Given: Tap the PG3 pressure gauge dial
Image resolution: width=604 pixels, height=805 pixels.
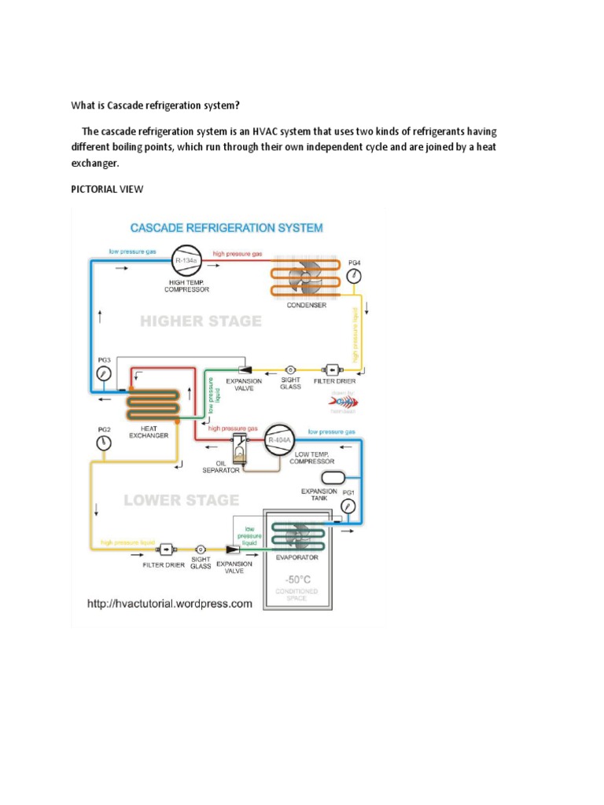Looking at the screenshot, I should pyautogui.click(x=103, y=374).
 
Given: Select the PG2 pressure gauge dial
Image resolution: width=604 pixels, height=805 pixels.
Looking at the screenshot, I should pyautogui.click(x=103, y=443).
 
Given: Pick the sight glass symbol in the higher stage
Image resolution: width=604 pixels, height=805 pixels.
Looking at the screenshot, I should pyautogui.click(x=289, y=368).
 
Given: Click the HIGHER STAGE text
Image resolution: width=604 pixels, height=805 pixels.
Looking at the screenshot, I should pyautogui.click(x=201, y=322).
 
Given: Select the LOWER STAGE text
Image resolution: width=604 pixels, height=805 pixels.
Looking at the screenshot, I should pyautogui.click(x=182, y=500).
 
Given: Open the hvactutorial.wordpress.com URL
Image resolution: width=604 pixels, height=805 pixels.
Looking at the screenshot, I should pyautogui.click(x=169, y=604).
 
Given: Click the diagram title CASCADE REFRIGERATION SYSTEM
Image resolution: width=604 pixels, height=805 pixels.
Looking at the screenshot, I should pyautogui.click(x=226, y=228).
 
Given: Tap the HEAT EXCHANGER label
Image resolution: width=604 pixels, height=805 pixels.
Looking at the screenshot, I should pyautogui.click(x=149, y=432).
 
